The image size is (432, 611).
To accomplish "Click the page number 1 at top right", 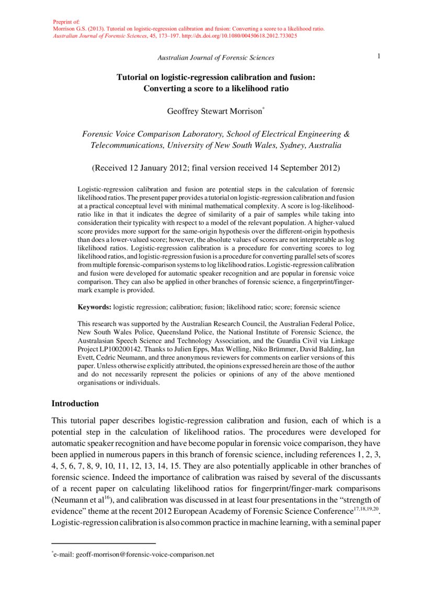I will (x=378, y=56).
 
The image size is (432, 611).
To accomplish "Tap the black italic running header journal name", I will (x=215, y=57).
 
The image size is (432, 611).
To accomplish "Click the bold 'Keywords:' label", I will (x=95, y=307).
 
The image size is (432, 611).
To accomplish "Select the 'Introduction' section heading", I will (x=75, y=404).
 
